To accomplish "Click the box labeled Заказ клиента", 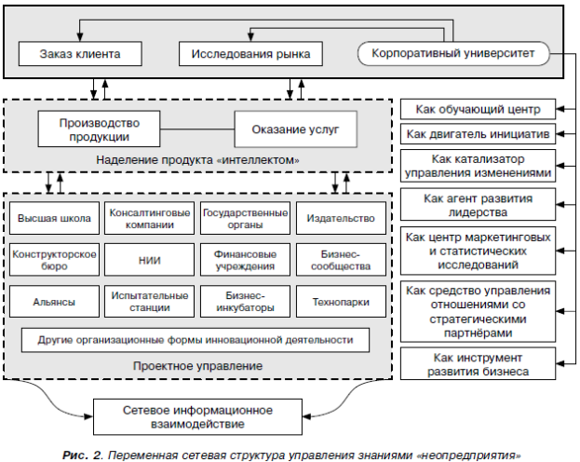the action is [x=80, y=54].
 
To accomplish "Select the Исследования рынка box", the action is [x=250, y=54].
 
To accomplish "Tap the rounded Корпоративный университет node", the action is [x=453, y=53].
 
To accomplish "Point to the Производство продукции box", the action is [x=99, y=129].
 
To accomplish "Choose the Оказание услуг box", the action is [x=295, y=129].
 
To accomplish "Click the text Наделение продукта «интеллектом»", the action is [x=197, y=160].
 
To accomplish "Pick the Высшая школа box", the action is [x=54, y=218].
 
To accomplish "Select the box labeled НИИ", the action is [x=150, y=260].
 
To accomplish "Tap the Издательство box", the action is [x=341, y=218].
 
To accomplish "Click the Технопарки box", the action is [x=341, y=302].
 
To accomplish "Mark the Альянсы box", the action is [x=54, y=302].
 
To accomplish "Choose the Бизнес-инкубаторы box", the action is [x=245, y=302].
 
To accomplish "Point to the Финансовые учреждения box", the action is [x=245, y=260].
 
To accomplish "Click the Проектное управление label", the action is [x=197, y=366].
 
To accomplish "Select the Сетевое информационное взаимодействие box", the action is [x=197, y=417].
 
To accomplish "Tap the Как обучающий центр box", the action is [x=478, y=109].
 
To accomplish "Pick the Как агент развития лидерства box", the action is [x=478, y=205].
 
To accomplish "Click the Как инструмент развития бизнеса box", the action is [x=478, y=364].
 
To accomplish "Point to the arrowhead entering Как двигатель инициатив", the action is [x=560, y=134].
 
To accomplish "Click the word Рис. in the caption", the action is [x=75, y=455].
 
